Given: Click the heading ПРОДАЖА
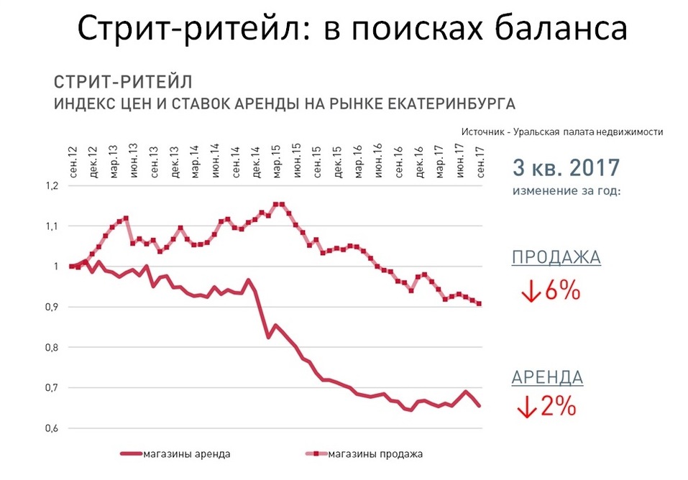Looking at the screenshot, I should coord(556,258).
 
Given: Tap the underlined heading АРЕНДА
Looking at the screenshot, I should coord(548,377).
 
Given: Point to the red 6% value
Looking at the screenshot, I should coord(563,291).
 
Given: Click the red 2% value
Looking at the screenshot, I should coord(559,407).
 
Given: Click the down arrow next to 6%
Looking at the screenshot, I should coord(531,292).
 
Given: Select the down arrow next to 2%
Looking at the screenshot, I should coord(526,408).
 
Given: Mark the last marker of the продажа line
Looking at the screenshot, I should coord(479,303).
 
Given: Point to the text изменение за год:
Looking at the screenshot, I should coord(566,193).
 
